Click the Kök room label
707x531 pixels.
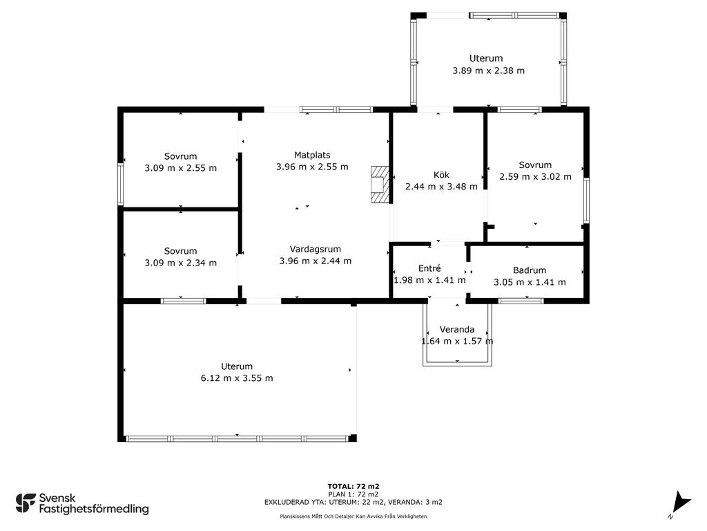tap(441, 175)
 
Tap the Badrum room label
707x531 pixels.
tap(530, 270)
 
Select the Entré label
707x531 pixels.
tap(429, 268)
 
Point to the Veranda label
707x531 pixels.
tap(457, 330)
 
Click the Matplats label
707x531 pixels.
tap(312, 156)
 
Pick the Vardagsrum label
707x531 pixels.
tap(315, 249)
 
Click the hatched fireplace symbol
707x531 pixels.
tap(380, 184)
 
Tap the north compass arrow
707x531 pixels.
tap(680, 503)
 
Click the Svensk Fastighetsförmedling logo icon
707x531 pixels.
tap(26, 503)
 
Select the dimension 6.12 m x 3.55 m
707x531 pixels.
tap(237, 378)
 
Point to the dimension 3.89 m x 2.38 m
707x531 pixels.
tap(488, 71)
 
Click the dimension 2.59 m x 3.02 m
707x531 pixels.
tap(535, 177)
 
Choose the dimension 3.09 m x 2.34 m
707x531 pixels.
tap(180, 263)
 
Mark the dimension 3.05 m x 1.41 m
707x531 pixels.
tap(530, 282)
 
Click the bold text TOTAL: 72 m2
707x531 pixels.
tap(353, 486)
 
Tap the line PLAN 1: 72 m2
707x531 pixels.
tap(353, 494)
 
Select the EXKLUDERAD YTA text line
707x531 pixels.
tap(353, 502)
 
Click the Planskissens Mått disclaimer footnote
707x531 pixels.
tap(353, 516)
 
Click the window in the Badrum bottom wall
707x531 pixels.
tap(521, 301)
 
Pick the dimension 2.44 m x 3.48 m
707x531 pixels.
tap(441, 187)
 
